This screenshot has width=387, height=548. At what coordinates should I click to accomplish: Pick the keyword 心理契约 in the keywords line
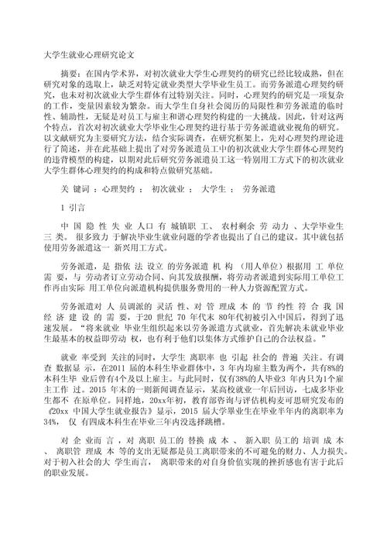(120, 188)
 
